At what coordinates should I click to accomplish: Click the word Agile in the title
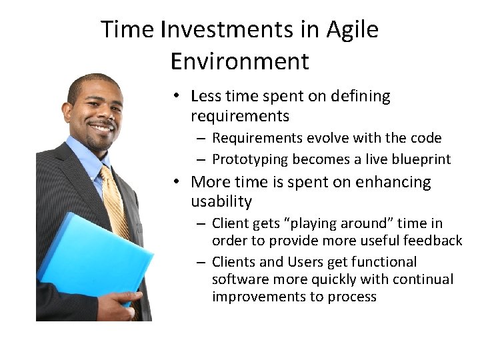click(x=353, y=30)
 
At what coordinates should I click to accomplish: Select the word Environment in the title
click(x=240, y=61)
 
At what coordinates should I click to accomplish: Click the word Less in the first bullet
click(x=205, y=97)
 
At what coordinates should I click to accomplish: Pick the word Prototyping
click(x=249, y=159)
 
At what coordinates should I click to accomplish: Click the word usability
click(x=221, y=201)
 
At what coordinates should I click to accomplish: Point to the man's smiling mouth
click(x=102, y=127)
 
